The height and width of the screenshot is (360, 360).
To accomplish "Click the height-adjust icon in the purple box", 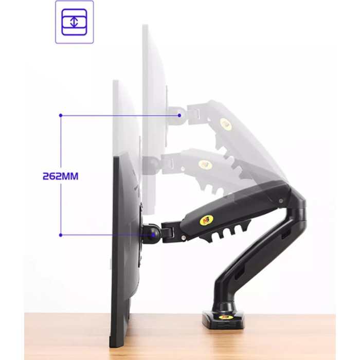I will [x=74, y=22].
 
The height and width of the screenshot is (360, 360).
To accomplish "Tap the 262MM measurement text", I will [x=60, y=176].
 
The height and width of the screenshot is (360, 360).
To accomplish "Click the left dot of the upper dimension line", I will [x=61, y=116].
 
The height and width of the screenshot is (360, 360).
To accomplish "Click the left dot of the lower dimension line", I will [x=61, y=235].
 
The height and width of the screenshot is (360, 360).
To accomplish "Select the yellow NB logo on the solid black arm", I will [x=205, y=220].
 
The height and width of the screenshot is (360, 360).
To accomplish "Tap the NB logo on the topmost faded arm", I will [x=225, y=124].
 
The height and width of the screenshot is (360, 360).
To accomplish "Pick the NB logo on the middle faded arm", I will [x=205, y=165].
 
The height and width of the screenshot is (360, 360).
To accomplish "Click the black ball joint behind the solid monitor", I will [x=153, y=235].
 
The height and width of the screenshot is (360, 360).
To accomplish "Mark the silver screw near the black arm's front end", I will [x=183, y=237].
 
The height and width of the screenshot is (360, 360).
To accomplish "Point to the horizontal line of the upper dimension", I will [x=118, y=116].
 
